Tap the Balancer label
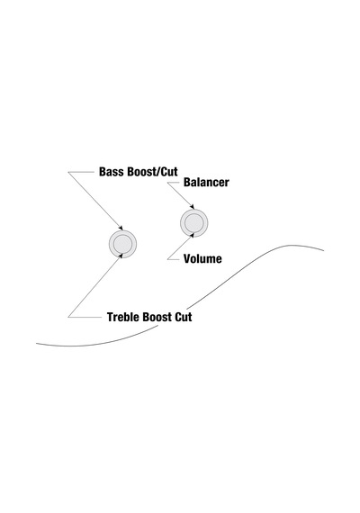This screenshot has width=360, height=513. (206, 182)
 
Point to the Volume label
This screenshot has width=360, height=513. (202, 259)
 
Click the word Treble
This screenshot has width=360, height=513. (123, 317)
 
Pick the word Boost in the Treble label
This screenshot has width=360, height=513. (157, 317)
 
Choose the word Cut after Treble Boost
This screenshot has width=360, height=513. (184, 317)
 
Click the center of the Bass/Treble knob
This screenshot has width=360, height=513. (122, 244)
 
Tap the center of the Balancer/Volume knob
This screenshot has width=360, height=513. (194, 223)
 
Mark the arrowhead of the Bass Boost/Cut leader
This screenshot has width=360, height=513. (121, 229)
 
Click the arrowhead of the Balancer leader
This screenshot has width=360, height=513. (193, 207)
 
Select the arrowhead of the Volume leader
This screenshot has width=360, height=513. (193, 235)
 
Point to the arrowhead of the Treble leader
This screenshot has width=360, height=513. (121, 256)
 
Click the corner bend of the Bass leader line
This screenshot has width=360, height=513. (68, 172)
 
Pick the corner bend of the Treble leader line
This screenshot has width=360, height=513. (68, 317)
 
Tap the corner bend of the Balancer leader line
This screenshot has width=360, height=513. (167, 183)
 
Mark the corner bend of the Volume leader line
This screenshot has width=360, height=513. (167, 259)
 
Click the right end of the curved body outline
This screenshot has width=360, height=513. (324, 250)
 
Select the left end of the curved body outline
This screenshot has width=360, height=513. (36, 344)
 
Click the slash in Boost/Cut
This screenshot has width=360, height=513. (159, 172)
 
